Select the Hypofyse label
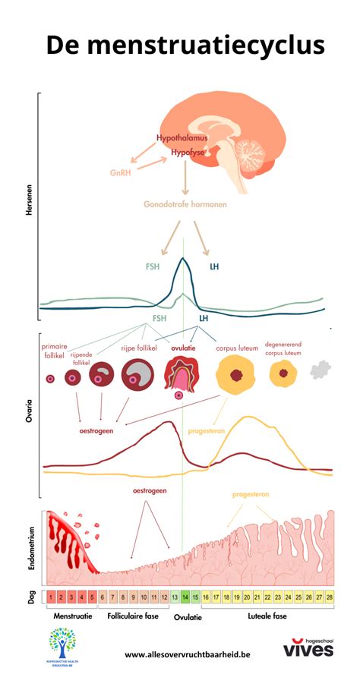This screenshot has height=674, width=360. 186,152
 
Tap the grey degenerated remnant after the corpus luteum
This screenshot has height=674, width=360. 320,370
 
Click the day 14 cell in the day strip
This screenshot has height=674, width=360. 185,597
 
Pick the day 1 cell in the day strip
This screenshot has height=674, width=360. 49,597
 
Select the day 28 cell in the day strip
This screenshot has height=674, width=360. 328,597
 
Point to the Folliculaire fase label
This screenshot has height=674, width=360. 133,616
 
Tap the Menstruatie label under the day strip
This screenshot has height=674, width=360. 72,616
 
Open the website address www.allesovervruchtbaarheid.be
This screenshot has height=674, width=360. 187,654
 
